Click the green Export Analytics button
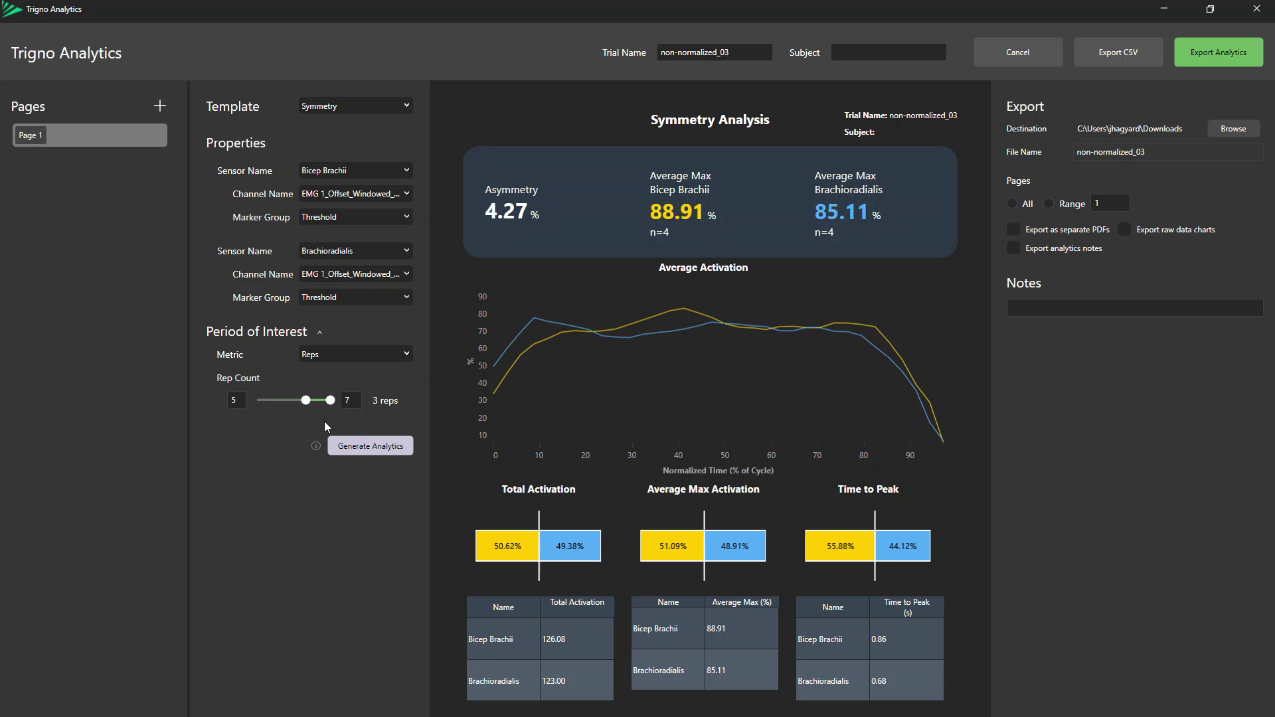[x=1218, y=52]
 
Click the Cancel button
[x=1017, y=52]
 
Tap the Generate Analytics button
[x=370, y=446]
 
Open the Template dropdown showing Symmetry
[x=355, y=106]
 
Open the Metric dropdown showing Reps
[x=355, y=355]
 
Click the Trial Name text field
[x=714, y=52]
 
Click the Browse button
[x=1232, y=129]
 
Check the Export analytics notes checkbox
[x=1013, y=248]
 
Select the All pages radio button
[x=1012, y=204]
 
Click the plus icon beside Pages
[x=160, y=106]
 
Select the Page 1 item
[x=90, y=135]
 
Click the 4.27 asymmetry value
[x=506, y=211]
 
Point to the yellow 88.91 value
[x=676, y=212]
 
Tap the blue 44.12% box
[x=902, y=546]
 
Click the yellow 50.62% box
[x=507, y=546]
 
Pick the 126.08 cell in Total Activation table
[x=554, y=639]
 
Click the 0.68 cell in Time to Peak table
[x=879, y=681]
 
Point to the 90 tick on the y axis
[x=482, y=297]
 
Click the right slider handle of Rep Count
[x=330, y=400]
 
